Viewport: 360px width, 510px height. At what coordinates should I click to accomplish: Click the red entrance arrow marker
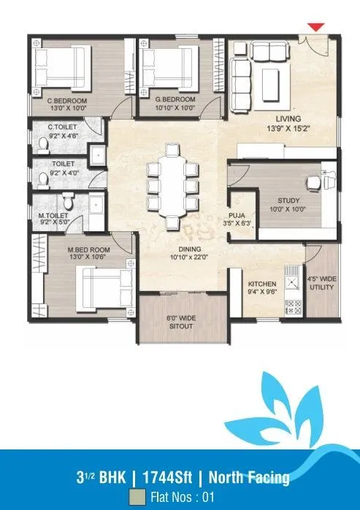pyautogui.click(x=315, y=27)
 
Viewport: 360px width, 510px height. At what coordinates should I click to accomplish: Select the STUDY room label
pyautogui.click(x=288, y=201)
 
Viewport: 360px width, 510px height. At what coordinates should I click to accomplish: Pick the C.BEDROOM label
pyautogui.click(x=67, y=99)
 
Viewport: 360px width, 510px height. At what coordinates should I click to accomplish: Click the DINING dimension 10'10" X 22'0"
pyautogui.click(x=173, y=256)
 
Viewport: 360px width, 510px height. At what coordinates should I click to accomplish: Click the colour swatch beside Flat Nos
pyautogui.click(x=135, y=498)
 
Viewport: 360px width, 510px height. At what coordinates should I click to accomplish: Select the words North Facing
pyautogui.click(x=249, y=478)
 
